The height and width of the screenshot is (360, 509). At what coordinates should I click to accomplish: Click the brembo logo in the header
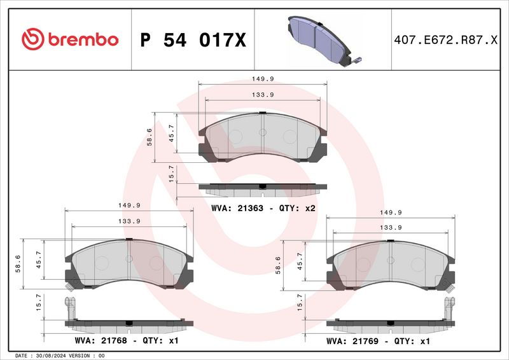(x=70, y=39)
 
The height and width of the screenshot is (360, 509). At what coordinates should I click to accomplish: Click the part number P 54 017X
(x=193, y=40)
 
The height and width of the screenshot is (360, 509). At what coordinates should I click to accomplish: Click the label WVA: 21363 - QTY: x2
(x=263, y=208)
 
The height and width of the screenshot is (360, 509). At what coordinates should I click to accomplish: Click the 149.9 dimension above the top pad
(x=262, y=79)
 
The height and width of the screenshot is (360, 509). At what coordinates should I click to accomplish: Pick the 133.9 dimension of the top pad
(x=262, y=95)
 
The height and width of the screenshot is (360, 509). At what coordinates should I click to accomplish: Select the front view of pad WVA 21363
(x=263, y=135)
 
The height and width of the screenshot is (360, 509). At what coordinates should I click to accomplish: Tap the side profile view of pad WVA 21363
(x=263, y=187)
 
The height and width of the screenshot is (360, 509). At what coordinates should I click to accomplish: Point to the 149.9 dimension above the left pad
(x=129, y=205)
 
